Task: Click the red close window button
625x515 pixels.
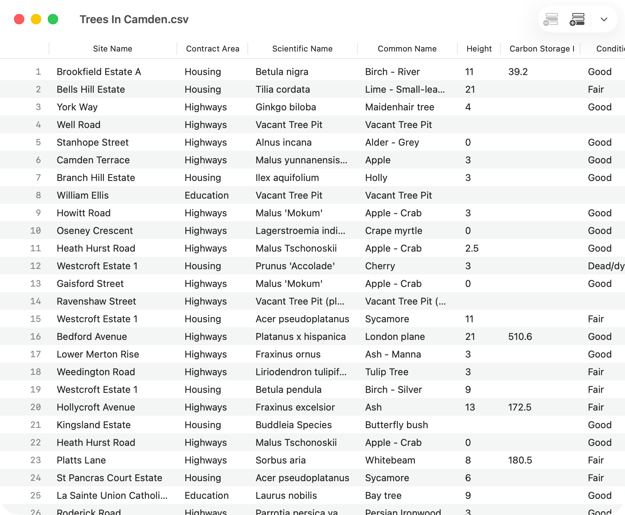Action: pos(19,19)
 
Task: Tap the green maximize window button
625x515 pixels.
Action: pos(53,19)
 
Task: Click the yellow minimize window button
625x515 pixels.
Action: pos(36,19)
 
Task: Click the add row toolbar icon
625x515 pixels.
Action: pos(577,19)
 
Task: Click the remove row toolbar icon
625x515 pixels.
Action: pos(551,19)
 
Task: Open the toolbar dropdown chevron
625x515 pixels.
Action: pos(604,19)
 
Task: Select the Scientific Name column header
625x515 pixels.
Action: pos(302,49)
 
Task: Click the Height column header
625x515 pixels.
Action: pos(479,49)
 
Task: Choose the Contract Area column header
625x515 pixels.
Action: pos(213,49)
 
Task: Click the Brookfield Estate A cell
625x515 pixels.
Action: pos(99,72)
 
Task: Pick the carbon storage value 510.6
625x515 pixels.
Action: pos(520,337)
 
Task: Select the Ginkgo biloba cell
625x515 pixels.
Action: pos(286,107)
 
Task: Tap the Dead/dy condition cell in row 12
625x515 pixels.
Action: pos(606,266)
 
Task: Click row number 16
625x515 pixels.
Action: pos(36,337)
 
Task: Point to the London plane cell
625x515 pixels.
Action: pos(395,337)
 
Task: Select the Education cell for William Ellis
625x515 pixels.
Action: pos(207,195)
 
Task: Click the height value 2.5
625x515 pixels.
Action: pos(472,248)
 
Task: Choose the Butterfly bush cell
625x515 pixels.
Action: pos(396,425)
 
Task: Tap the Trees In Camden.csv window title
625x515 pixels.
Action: pos(134,19)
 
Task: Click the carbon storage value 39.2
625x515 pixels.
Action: pos(518,72)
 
